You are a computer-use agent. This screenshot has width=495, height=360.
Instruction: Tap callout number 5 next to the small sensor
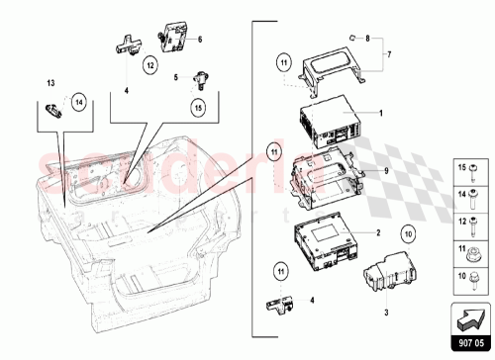(x=174, y=76)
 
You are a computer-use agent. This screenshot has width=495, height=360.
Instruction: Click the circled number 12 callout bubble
(x=151, y=66)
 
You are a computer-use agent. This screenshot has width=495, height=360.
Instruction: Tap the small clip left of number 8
(x=350, y=36)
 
